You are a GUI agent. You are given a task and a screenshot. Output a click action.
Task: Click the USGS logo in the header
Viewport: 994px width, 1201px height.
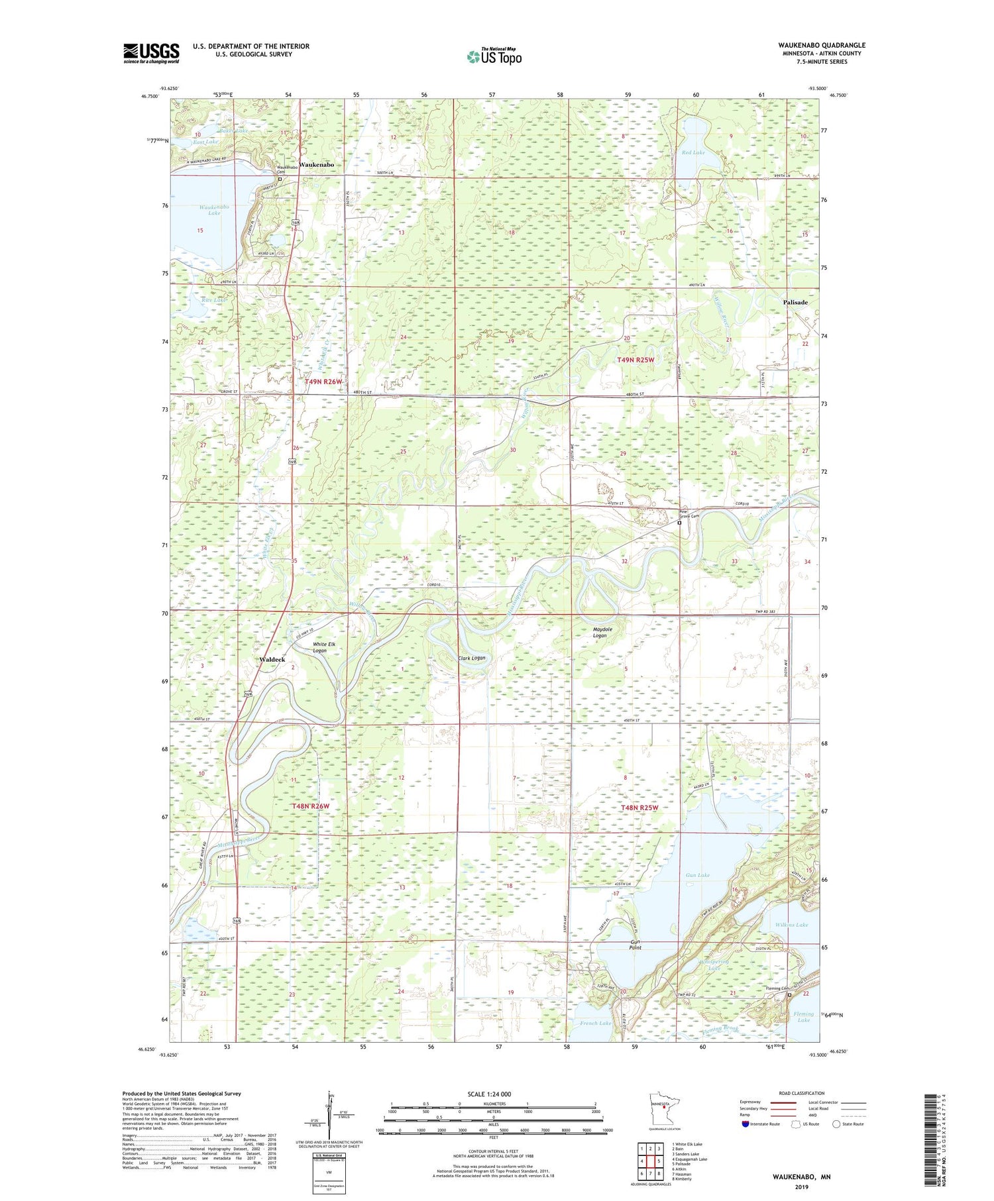point(151,53)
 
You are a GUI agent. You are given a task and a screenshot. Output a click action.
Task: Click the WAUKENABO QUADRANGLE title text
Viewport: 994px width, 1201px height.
point(822,45)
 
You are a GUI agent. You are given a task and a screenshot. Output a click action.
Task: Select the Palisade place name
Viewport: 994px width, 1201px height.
point(795,302)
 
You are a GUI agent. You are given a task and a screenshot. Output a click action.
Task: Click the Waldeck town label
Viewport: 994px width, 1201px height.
point(272,660)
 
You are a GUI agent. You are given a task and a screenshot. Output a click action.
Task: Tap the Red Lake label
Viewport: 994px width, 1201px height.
point(692,153)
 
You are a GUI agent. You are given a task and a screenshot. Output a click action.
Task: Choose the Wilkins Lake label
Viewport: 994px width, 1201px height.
point(791,925)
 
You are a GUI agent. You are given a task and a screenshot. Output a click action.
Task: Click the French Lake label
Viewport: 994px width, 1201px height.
point(595,1023)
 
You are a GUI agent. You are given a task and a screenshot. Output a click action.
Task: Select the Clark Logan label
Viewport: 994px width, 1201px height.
point(472,658)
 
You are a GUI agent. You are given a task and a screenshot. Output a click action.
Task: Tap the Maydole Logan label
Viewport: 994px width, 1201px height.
point(599,632)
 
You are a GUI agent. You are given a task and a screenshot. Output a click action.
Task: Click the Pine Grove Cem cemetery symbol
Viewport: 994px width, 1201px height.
point(679,523)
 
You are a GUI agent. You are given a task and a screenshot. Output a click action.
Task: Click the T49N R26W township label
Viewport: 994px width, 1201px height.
point(323,382)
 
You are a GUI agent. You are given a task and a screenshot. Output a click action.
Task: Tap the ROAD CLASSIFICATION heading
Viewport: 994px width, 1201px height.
point(802,1093)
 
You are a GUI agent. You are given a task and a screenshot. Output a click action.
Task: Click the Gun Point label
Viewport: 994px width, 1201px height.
point(635,944)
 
